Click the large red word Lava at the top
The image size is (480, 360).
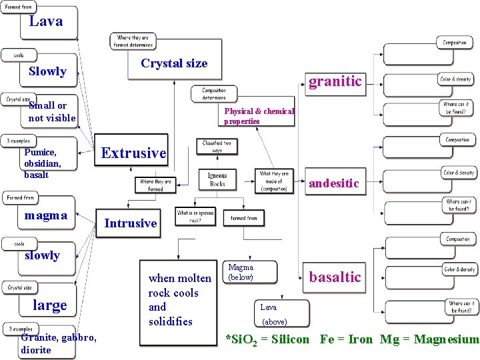(x=46, y=21)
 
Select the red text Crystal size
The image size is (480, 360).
(x=174, y=63)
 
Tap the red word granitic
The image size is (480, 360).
(x=335, y=81)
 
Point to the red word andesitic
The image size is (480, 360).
(x=333, y=183)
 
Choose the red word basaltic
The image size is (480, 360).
(x=335, y=277)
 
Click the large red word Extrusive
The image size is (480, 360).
(x=133, y=153)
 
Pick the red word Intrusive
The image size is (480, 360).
(x=131, y=223)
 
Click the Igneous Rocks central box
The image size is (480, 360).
(x=217, y=179)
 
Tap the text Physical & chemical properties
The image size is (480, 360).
(x=259, y=116)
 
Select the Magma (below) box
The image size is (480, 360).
(x=241, y=273)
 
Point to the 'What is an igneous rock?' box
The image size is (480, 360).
(x=195, y=216)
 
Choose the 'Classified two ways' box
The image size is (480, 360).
(x=217, y=146)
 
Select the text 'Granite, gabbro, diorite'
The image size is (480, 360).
(x=59, y=343)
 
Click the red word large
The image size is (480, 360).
(x=50, y=305)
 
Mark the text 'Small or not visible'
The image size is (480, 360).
(x=52, y=112)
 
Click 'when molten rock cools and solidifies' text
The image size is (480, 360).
(x=179, y=299)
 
